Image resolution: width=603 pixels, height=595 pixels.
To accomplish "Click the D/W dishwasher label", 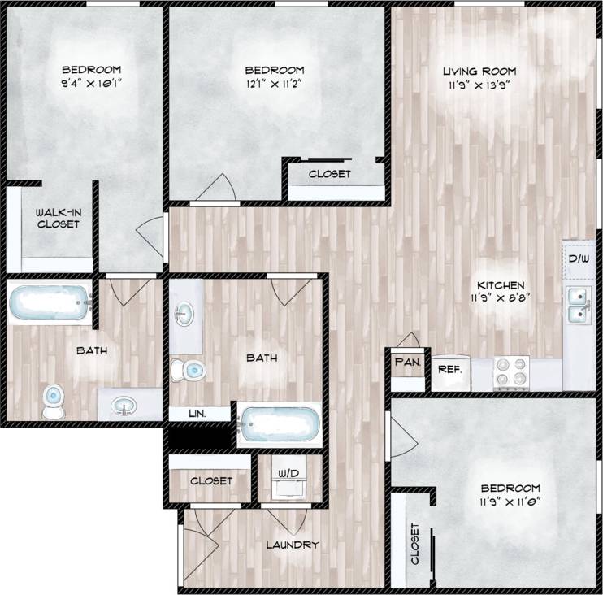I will pyautogui.click(x=578, y=259).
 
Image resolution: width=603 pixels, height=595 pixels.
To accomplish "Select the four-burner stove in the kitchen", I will pyautogui.click(x=512, y=373).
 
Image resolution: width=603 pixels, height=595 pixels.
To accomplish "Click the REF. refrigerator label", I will pyautogui.click(x=449, y=369).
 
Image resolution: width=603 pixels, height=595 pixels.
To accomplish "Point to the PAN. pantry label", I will pyautogui.click(x=407, y=363).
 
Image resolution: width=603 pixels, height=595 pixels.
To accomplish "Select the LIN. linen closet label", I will pyautogui.click(x=197, y=413).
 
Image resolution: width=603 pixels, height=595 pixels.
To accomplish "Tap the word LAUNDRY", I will pyautogui.click(x=292, y=545).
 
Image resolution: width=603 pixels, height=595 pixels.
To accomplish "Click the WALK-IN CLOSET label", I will pyautogui.click(x=57, y=218).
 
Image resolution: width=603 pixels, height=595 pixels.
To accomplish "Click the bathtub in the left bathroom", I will pyautogui.click(x=48, y=305).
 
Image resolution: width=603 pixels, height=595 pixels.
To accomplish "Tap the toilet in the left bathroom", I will pyautogui.click(x=54, y=400).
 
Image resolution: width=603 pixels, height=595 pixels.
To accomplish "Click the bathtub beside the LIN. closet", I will pyautogui.click(x=277, y=423).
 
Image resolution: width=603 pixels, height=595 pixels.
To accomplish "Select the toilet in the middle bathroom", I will pyautogui.click(x=190, y=370).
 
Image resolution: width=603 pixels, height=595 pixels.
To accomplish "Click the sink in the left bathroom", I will pyautogui.click(x=124, y=404).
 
